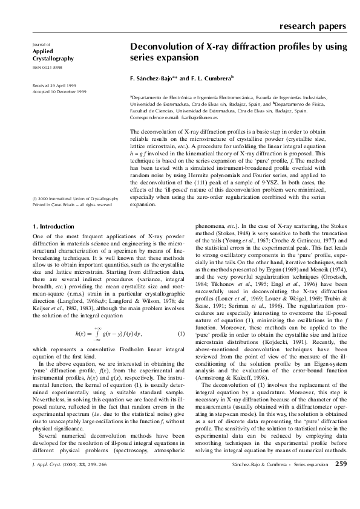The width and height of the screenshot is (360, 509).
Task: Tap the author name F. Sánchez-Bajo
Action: click(154, 79)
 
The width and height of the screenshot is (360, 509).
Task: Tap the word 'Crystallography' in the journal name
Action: click(52, 59)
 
